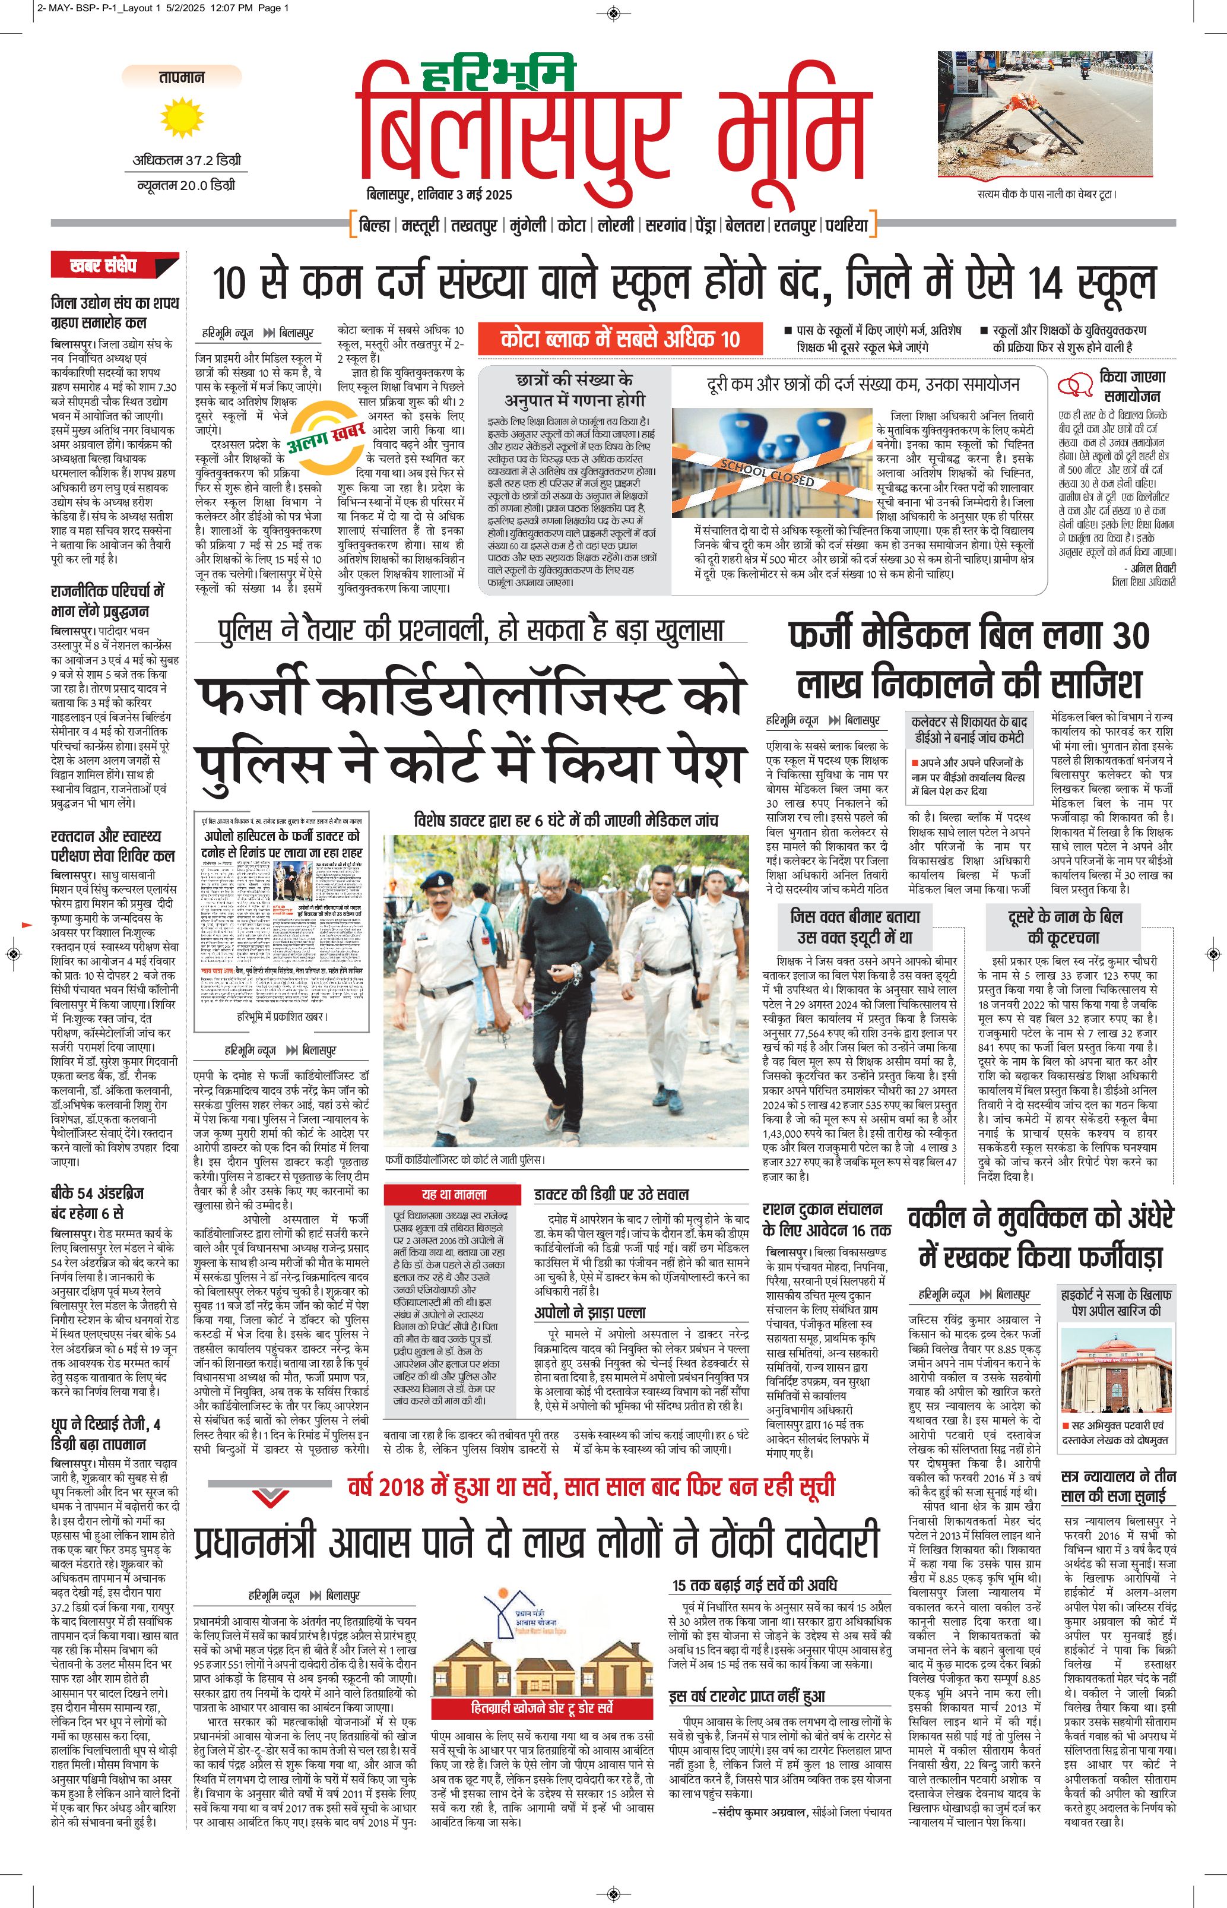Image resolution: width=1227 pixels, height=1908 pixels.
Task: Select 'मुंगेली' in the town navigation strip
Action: point(528,226)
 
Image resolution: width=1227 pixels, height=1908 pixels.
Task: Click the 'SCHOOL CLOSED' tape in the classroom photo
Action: point(766,473)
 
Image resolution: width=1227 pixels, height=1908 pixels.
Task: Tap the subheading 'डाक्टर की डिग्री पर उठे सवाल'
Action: point(611,1194)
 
